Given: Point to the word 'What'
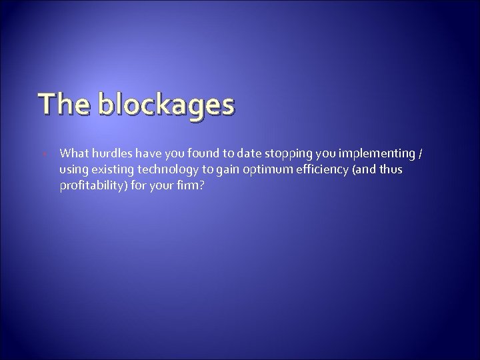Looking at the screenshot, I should [x=73, y=155].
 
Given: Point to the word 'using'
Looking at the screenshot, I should [x=73, y=170].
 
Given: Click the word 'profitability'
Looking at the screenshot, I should [x=91, y=185].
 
